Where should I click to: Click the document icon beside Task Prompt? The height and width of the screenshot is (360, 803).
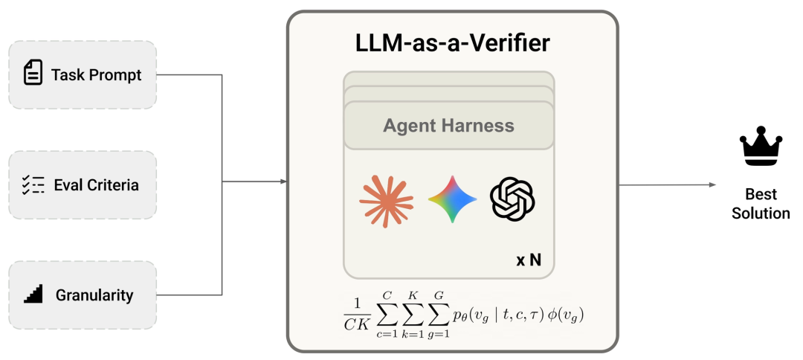point(33,72)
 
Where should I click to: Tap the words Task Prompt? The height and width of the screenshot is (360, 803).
point(96,75)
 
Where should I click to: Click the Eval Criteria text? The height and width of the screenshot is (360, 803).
point(96,185)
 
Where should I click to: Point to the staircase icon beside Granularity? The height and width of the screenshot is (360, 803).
point(33,293)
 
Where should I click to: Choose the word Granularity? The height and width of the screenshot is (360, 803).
point(94,295)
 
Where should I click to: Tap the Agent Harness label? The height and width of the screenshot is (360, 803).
point(448,126)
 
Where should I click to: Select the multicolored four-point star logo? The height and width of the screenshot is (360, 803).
point(452,199)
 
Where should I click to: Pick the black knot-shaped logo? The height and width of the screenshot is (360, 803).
point(512,199)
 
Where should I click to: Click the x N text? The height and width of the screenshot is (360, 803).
point(529,260)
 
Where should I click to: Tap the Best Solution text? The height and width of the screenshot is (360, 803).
point(761,204)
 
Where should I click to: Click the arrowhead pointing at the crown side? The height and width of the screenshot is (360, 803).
point(712,185)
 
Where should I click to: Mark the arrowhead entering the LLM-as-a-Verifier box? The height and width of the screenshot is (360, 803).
point(283,181)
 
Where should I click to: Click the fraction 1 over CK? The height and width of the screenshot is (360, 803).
point(356,315)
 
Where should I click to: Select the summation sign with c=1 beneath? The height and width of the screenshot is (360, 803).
point(387,315)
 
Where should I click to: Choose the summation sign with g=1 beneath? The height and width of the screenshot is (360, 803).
point(439,315)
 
